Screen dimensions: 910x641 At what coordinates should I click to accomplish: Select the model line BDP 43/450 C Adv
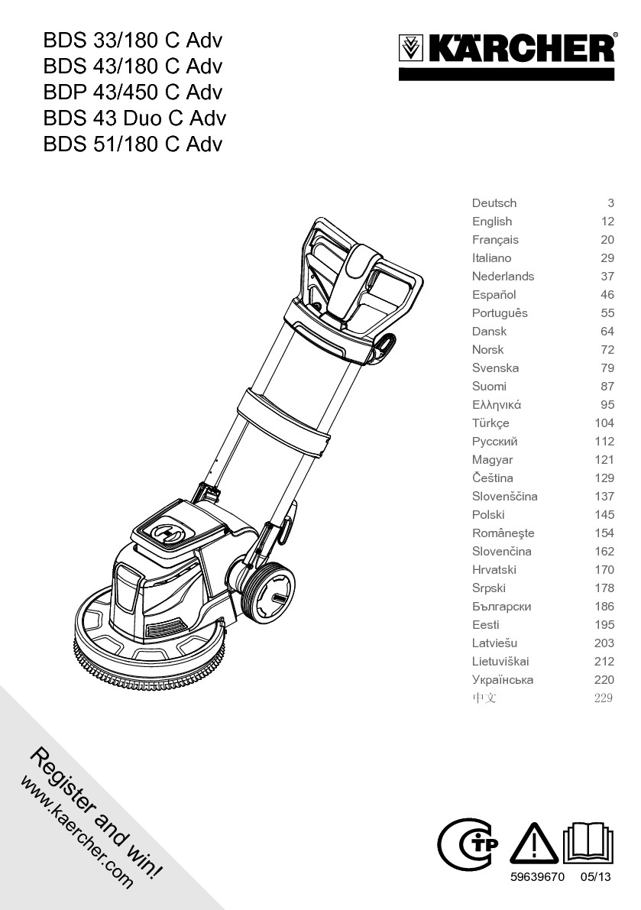[x=133, y=92]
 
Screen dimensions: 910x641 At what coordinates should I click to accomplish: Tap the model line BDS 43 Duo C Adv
[x=134, y=118]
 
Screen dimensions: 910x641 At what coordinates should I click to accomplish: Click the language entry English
[x=492, y=222]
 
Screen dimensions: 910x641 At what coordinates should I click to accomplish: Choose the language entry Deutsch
[x=494, y=203]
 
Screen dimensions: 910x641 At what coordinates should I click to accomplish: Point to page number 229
[x=604, y=698]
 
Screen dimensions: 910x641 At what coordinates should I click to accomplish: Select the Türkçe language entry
[x=490, y=423]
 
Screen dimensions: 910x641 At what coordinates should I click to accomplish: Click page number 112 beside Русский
[x=604, y=442]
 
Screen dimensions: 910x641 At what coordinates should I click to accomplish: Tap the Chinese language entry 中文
[x=484, y=698]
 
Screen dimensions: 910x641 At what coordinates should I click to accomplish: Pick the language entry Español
[x=494, y=295]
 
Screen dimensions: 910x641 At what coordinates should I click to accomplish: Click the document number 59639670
[x=538, y=878]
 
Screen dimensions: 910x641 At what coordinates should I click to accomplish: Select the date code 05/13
[x=597, y=878]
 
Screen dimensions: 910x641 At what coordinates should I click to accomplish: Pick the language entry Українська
[x=503, y=680]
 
